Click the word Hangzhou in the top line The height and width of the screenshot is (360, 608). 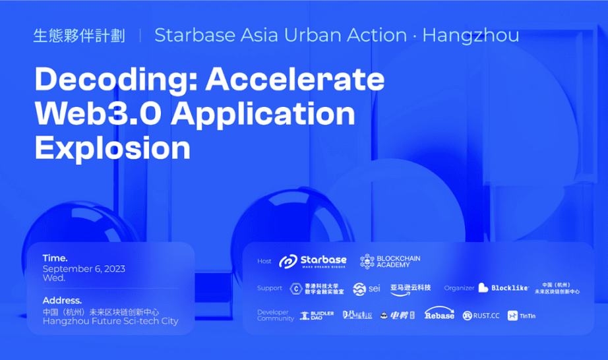pos(470,35)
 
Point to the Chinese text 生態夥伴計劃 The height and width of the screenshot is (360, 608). pos(79,36)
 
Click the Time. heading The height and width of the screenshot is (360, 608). pos(55,258)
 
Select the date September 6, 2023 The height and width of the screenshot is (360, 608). pos(84,268)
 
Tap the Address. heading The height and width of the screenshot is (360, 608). pos(62,300)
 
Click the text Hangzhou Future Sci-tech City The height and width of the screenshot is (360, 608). pos(110,321)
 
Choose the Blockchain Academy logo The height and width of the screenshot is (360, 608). pos(390,261)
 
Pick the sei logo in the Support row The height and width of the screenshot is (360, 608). pos(367,289)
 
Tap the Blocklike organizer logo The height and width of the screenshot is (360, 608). pos(503,287)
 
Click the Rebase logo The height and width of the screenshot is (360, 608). pos(439,314)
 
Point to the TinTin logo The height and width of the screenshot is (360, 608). pos(522,316)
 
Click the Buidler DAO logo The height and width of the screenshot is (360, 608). pos(317,316)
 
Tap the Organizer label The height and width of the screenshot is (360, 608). pos(459,288)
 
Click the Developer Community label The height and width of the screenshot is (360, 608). pos(275,315)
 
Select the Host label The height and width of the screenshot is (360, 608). pos(264,261)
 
